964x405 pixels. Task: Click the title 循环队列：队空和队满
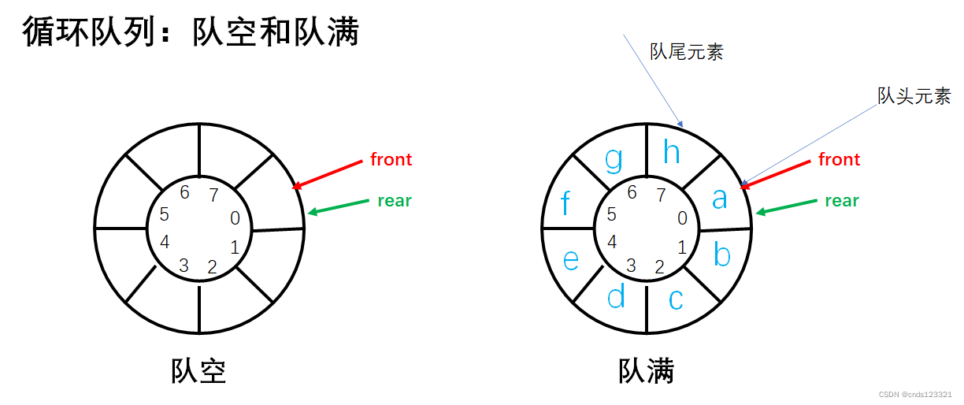191,32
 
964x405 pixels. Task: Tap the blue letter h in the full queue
671,152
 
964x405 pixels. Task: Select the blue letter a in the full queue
719,199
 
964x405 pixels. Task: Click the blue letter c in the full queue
676,299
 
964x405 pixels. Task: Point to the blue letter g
614,159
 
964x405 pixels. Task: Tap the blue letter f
565,204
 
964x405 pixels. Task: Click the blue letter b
721,255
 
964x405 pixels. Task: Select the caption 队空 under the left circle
198,371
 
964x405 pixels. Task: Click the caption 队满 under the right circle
646,371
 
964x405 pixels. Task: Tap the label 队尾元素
686,53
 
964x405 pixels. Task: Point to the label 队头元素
914,97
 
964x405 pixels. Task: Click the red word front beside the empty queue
391,159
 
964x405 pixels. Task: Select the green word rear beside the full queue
841,201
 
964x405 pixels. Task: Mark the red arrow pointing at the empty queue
331,174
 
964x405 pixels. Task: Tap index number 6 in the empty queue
184,192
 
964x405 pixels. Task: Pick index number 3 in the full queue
631,265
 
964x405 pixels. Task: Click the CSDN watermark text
914,394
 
